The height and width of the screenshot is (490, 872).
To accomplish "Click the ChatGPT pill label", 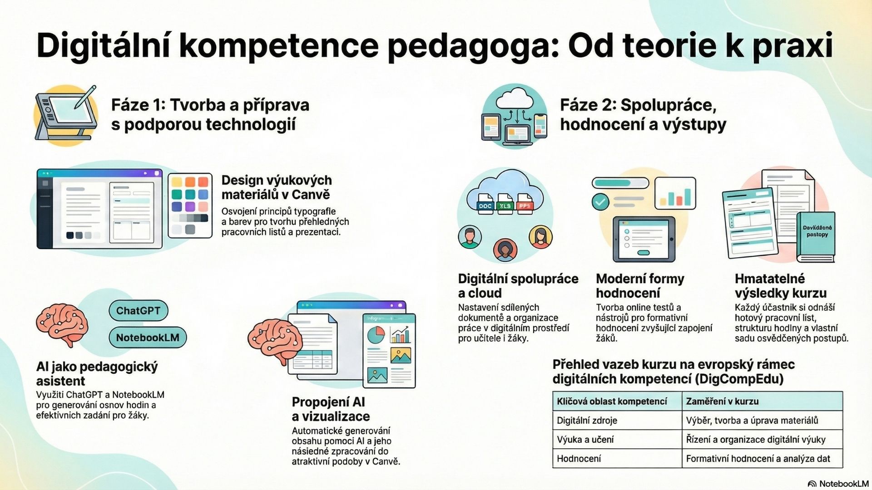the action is (139, 311).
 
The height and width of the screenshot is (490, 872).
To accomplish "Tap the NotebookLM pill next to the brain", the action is (148, 338).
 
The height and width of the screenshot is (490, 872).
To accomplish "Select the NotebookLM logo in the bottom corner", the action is (838, 484).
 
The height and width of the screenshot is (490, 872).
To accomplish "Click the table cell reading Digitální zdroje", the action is (587, 421).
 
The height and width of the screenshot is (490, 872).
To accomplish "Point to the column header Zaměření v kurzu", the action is (722, 402).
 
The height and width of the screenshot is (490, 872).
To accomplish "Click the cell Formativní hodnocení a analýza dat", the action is (758, 459).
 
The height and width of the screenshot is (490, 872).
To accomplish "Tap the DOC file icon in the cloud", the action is (485, 204).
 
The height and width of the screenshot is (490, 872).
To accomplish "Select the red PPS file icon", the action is (525, 204).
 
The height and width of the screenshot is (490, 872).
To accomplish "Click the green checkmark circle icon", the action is (600, 201).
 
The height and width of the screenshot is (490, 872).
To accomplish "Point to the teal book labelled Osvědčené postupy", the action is (816, 237).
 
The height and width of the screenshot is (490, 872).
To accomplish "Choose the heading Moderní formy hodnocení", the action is (640, 286).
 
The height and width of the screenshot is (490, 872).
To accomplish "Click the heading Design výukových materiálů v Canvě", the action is (277, 187).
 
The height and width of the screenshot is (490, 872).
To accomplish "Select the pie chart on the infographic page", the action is (376, 335).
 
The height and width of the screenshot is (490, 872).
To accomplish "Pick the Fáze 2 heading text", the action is (643, 114).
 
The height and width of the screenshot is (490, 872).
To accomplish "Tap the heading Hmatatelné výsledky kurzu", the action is (781, 286).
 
